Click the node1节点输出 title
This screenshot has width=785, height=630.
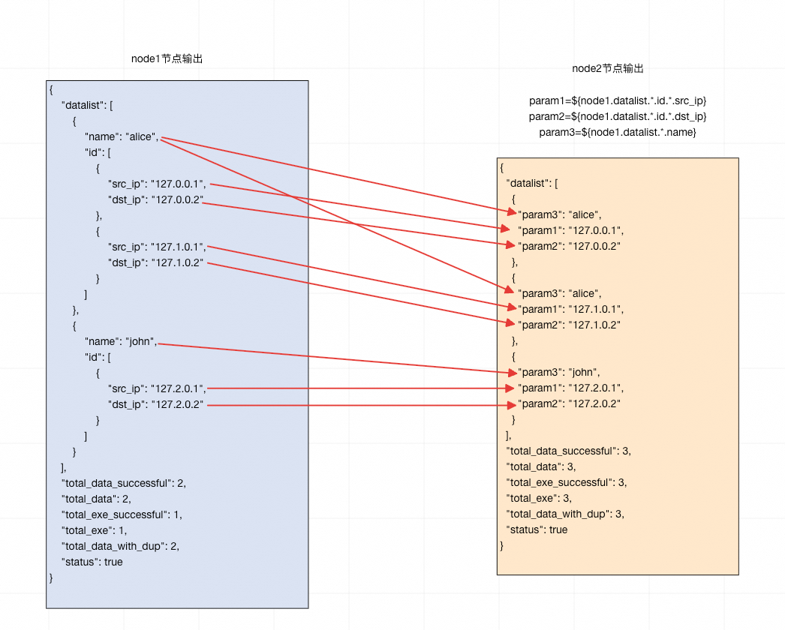167,59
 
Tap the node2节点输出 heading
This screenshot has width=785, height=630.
607,68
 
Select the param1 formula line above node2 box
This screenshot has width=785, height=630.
618,100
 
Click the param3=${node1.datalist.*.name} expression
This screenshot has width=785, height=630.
618,132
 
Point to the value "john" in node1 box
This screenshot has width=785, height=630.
140,341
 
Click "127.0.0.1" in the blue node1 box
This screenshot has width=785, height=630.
178,184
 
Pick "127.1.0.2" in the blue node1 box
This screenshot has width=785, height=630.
178,262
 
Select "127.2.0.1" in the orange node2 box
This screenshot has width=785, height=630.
595,388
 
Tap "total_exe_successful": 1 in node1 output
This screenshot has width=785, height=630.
122,514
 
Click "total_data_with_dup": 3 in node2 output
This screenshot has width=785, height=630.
565,514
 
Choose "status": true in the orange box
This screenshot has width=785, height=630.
537,529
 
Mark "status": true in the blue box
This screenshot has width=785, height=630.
92,562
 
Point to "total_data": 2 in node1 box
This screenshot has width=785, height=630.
97,499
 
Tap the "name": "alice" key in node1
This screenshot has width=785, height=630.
121,136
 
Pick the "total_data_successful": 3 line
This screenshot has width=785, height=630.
568,451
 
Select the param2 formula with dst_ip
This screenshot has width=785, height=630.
618,116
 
